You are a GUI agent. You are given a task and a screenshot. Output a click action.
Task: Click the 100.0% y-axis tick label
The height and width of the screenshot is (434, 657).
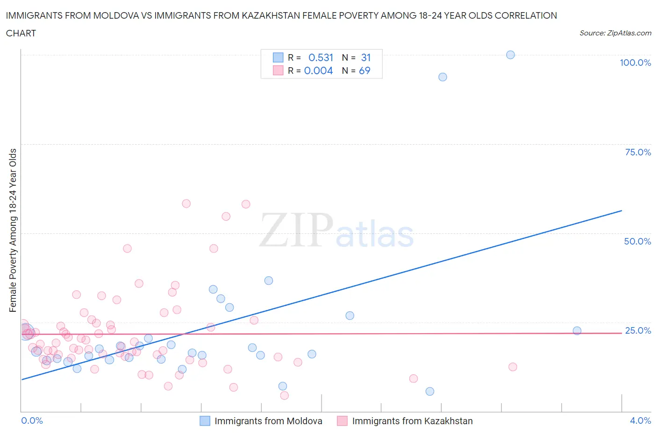[x=635, y=63]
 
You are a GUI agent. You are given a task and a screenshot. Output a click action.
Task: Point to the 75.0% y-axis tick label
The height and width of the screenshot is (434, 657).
[x=638, y=152]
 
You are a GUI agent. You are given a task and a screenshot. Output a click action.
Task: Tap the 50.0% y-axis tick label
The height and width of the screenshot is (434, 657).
[x=637, y=241]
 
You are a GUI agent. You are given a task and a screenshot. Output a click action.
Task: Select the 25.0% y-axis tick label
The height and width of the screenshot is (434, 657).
[x=638, y=330]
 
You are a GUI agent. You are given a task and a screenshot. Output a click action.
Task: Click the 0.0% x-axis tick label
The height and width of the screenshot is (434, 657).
[x=32, y=420]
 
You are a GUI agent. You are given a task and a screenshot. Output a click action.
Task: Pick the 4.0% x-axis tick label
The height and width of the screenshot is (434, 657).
[x=640, y=420]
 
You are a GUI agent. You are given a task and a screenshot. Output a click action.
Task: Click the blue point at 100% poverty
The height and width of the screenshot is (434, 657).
[x=510, y=55]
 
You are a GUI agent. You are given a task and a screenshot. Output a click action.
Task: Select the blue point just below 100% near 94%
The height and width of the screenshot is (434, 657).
[x=443, y=77]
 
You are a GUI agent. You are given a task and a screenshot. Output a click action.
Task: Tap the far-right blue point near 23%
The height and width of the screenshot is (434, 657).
[x=577, y=330]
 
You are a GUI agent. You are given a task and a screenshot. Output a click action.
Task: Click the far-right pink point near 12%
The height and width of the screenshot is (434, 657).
[x=513, y=367]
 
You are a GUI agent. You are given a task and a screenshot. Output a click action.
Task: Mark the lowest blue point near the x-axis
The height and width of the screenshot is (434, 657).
[x=430, y=391]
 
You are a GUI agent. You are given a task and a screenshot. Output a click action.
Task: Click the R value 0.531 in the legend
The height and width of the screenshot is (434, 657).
[x=321, y=57]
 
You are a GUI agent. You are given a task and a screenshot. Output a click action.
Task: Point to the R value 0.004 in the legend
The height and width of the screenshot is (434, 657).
[x=318, y=70]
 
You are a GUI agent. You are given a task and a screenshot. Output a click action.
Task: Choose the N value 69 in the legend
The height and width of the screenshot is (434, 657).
[x=364, y=70]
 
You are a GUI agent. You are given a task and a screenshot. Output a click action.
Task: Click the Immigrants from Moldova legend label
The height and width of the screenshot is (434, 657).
[x=268, y=421]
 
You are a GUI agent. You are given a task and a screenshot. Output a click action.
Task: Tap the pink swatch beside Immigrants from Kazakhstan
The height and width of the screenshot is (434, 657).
[x=342, y=421]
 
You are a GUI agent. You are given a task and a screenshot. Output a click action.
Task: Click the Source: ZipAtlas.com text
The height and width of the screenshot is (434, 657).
[x=615, y=33]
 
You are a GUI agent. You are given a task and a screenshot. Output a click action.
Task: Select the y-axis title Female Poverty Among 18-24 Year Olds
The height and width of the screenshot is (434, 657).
[x=13, y=230]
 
